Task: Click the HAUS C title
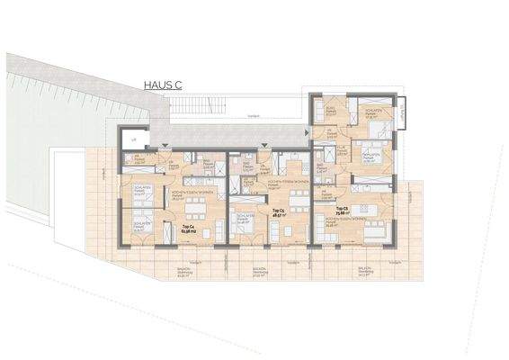point(162,85)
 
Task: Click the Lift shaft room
point(133,139)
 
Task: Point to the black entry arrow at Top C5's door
point(263,145)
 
